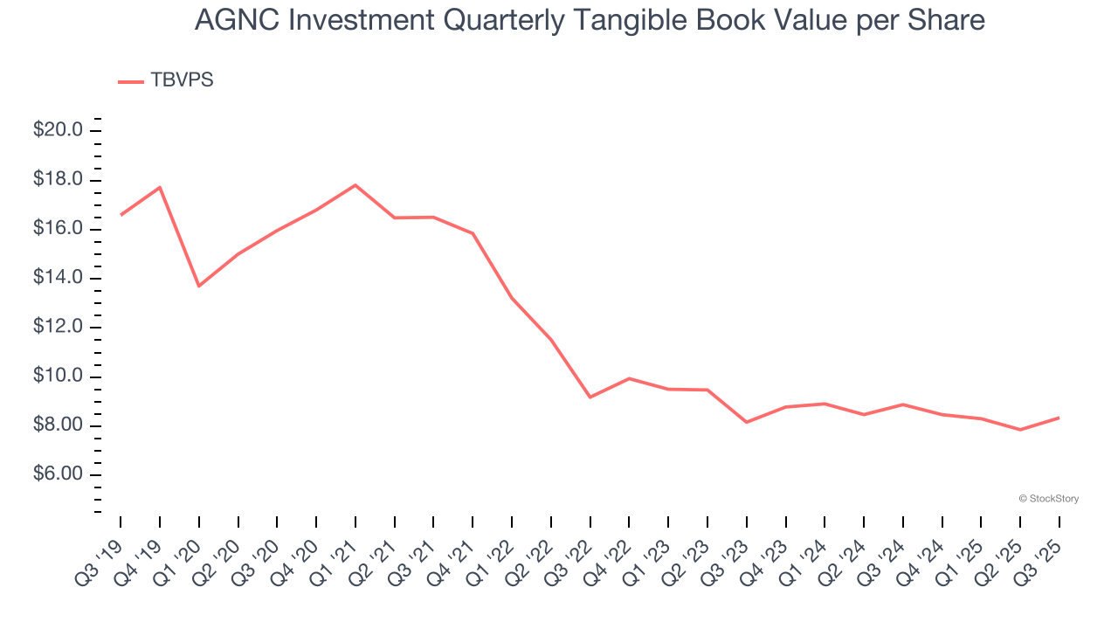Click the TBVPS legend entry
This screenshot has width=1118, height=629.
pyautogui.click(x=166, y=80)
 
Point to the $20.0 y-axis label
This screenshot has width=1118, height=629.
pyautogui.click(x=58, y=130)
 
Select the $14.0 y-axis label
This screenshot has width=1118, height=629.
pyautogui.click(x=58, y=278)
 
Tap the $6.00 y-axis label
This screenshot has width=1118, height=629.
pyautogui.click(x=58, y=474)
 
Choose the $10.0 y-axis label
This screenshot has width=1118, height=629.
pyautogui.click(x=58, y=377)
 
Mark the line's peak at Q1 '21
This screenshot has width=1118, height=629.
pyautogui.click(x=355, y=185)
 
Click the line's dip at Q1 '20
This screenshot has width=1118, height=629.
pyautogui.click(x=199, y=286)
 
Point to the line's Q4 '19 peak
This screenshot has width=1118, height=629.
pyautogui.click(x=160, y=187)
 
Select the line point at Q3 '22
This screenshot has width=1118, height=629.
pyautogui.click(x=590, y=397)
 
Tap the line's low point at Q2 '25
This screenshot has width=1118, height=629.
pyautogui.click(x=1020, y=430)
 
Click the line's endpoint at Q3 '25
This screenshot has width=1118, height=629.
pyautogui.click(x=1059, y=418)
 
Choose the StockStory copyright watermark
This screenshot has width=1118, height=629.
pyautogui.click(x=1048, y=499)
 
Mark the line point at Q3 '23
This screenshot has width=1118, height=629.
pyautogui.click(x=747, y=422)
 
